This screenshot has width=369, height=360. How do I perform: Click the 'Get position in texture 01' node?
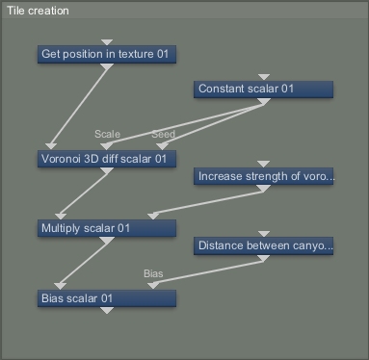click(x=107, y=54)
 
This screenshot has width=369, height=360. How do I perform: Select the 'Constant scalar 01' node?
click(x=263, y=90)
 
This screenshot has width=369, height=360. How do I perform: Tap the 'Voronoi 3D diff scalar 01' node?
click(x=107, y=159)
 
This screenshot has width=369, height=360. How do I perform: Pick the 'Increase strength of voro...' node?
click(x=263, y=176)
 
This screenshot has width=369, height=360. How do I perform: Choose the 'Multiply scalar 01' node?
click(x=107, y=228)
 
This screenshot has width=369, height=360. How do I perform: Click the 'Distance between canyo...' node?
click(x=263, y=245)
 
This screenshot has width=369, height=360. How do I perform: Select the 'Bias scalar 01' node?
click(x=107, y=298)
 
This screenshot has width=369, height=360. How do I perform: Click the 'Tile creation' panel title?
click(x=38, y=11)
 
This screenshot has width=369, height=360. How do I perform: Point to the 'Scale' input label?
click(x=107, y=134)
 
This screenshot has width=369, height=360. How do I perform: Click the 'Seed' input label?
click(x=163, y=134)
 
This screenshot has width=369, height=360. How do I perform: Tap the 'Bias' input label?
click(x=153, y=273)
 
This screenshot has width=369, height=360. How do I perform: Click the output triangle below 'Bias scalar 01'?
click(x=107, y=310)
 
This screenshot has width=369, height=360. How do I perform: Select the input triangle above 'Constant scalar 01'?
click(x=264, y=77)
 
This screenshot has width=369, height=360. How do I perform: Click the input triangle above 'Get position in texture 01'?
click(x=107, y=42)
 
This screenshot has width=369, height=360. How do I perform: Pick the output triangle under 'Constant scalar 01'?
click(x=264, y=101)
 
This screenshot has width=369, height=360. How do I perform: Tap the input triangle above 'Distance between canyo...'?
click(x=264, y=234)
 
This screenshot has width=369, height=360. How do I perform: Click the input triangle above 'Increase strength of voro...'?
click(x=264, y=164)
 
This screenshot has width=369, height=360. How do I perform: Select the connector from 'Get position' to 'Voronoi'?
click(x=79, y=106)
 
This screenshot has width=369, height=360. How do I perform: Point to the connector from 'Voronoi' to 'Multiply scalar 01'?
click(x=84, y=193)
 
